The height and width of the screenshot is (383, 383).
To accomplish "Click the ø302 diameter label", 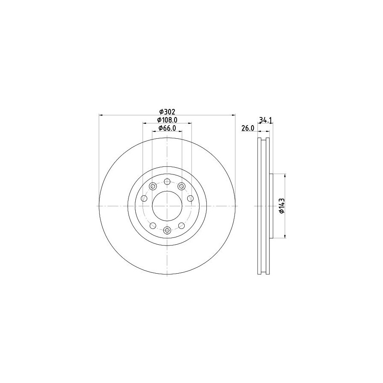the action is (167, 112).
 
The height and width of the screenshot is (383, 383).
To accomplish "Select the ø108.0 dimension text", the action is (167, 120).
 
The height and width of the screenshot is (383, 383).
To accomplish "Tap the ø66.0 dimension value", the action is (167, 128).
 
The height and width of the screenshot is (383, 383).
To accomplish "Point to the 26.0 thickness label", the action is (248, 128).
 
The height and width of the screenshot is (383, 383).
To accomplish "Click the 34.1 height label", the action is (266, 120).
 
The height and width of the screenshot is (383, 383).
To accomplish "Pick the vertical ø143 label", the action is (282, 206).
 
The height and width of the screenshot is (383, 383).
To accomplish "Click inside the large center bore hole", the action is (167, 206).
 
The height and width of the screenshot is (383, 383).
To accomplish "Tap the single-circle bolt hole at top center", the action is (167, 182).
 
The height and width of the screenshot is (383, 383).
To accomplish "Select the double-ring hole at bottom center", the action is (167, 230).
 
